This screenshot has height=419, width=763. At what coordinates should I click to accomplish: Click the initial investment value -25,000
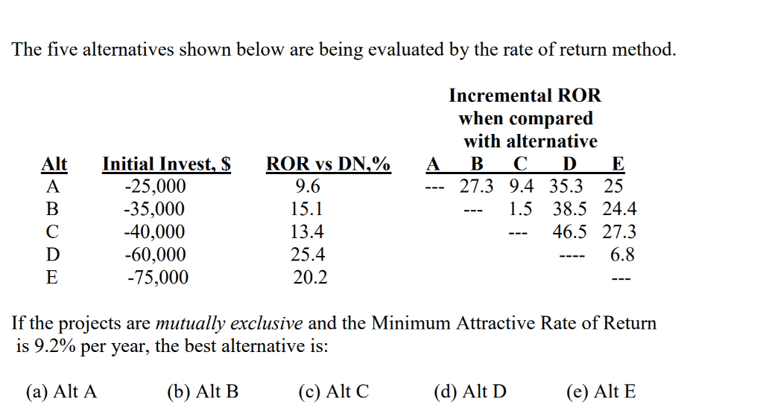(154, 186)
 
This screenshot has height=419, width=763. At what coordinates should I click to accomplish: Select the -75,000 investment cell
(157, 278)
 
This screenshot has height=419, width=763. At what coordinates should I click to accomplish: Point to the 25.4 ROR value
(308, 255)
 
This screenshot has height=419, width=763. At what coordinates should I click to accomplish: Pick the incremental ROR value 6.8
(622, 255)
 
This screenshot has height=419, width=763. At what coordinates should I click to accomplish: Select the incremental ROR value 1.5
(520, 209)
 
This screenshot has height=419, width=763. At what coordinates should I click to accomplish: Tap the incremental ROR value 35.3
(566, 186)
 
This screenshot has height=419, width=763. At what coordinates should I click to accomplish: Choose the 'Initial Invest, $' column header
(166, 164)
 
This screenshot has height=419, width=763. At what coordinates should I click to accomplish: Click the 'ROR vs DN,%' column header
(329, 164)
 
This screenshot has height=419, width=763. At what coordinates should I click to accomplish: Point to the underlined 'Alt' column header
(54, 164)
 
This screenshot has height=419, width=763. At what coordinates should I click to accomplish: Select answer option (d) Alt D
(469, 391)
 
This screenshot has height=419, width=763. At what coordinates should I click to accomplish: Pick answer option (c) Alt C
(333, 391)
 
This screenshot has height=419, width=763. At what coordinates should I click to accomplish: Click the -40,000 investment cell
(155, 231)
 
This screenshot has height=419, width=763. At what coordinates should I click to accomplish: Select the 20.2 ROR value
(308, 278)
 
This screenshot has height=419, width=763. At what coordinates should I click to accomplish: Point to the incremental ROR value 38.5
(569, 209)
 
